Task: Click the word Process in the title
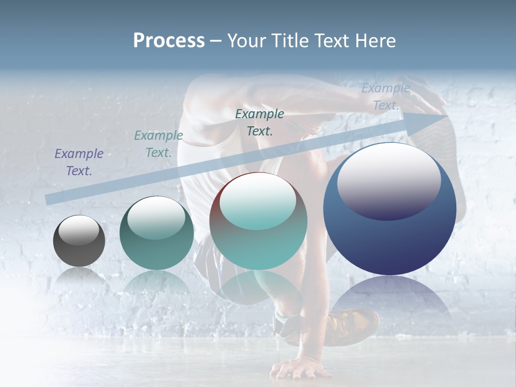169,41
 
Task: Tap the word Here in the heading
375,41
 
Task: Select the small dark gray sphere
79,241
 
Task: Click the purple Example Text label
79,162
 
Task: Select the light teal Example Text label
159,144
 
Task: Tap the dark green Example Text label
260,122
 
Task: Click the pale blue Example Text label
385,97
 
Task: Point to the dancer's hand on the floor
299,368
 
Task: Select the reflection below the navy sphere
390,301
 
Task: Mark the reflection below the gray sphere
79,277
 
